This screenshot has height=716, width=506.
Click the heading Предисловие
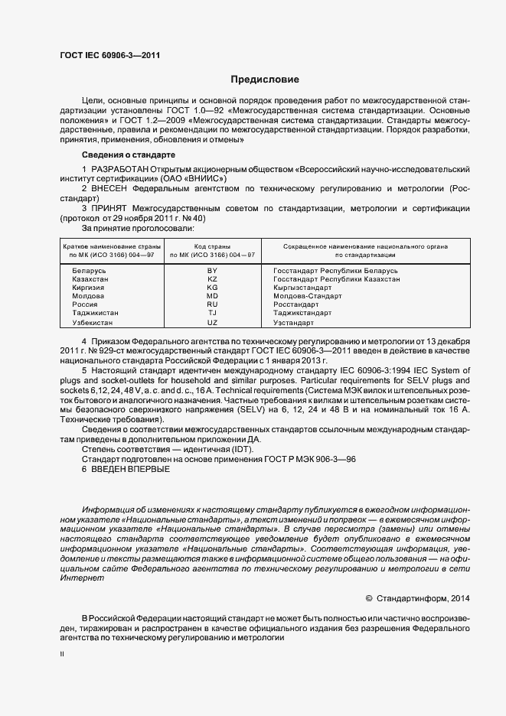pos(265,80)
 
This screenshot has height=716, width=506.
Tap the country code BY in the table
pos(212,272)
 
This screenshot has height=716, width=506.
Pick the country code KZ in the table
pos(212,280)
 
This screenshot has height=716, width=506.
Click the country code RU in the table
pos(212,304)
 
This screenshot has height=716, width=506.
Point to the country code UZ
pos(212,322)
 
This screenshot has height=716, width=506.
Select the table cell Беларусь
pos(89,272)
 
